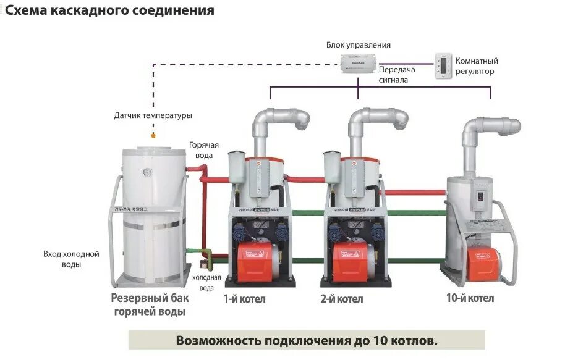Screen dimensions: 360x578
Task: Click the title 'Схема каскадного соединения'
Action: pos(110,10)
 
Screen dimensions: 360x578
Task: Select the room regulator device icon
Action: pos(443,65)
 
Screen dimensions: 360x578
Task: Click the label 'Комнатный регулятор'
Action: pos(476,66)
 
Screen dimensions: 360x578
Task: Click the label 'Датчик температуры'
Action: pos(153,115)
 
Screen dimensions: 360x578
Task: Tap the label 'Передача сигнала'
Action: pos(397,74)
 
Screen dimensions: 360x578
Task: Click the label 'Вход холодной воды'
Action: pos(71,259)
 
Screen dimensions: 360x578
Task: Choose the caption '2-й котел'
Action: pos(342,299)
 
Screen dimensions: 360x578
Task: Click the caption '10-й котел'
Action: pos(470,298)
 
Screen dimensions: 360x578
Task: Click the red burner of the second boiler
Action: pos(351,261)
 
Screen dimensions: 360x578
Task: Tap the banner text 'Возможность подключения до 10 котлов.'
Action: pos(307,340)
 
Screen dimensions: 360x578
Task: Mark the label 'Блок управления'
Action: pos(359,45)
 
